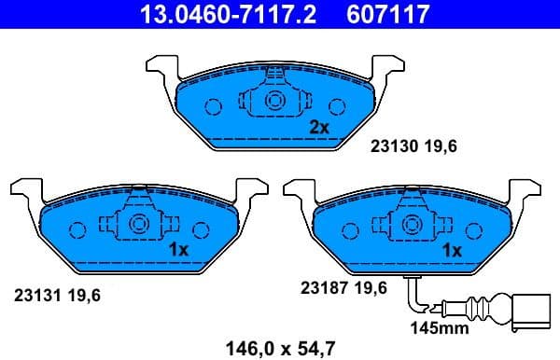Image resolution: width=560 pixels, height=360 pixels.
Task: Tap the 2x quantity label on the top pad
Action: click(319, 126)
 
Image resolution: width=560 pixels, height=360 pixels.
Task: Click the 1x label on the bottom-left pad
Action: click(178, 249)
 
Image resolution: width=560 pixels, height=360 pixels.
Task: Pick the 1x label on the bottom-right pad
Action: click(452, 250)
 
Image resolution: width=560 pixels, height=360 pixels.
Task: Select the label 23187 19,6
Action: click(342, 288)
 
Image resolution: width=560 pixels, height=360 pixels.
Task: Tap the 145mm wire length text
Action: click(439, 327)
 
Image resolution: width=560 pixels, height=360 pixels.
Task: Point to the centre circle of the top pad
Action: click(275, 103)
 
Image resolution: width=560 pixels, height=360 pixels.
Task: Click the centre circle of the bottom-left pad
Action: click(138, 225)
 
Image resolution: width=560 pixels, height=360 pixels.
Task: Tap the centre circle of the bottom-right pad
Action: click(412, 225)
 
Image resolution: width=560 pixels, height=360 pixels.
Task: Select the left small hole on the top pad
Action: click(213, 106)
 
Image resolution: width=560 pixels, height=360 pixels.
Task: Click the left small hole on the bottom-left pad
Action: click(77, 228)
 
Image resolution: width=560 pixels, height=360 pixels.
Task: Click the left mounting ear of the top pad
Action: click(161, 67)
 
